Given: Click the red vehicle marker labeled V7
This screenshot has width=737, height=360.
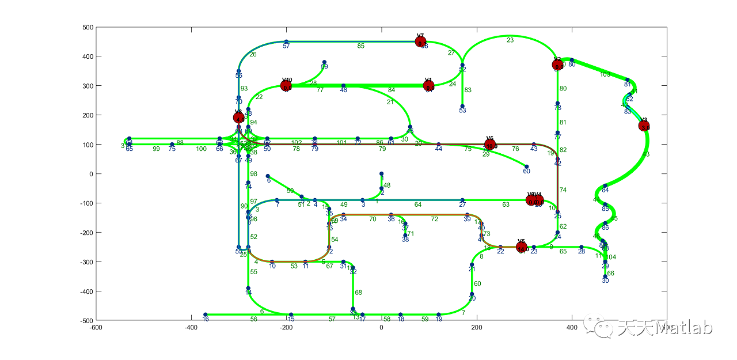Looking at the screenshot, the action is pos(421,41).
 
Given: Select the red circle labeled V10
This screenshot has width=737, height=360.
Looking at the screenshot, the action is pos(286,86).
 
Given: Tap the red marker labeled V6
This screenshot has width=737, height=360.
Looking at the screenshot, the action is pos(489,144).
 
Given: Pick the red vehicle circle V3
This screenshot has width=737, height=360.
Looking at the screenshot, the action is pos(644,126).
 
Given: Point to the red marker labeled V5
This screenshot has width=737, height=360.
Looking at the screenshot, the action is pos(522,247).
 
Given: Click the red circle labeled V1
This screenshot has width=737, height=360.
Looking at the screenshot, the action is pos(428,86).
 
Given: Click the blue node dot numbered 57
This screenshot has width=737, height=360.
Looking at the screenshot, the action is pos(286,41).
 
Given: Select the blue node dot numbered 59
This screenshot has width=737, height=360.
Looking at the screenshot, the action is pos(324,62).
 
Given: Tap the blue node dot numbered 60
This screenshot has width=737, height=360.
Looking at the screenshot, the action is pos(526,166).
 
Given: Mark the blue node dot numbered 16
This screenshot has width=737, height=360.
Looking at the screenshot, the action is pos(206,314).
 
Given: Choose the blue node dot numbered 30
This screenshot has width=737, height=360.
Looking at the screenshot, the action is pos(605,276).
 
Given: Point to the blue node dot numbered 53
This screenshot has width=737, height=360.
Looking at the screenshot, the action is pos(462,106).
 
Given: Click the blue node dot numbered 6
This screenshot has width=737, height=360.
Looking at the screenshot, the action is pos(268,176).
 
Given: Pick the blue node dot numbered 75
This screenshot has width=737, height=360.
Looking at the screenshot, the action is pos(172,145).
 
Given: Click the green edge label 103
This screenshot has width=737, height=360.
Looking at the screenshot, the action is pos(605,74).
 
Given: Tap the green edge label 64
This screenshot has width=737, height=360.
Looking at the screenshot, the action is pos(418,204).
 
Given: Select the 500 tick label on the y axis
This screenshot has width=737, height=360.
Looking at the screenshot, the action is pos(88,27).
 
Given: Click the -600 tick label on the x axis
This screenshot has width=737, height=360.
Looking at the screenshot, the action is pos(96,327).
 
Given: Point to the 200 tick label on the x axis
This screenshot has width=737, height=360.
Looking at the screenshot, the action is pos(477,327).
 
